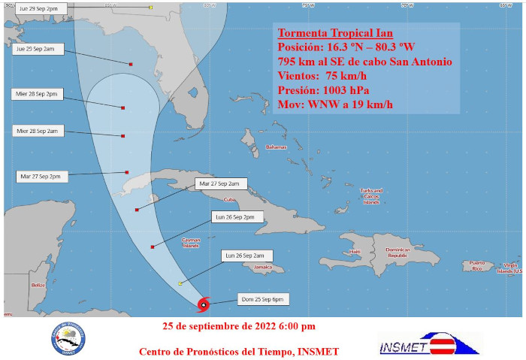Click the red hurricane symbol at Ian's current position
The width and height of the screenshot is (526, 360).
pyautogui.click(x=204, y=304)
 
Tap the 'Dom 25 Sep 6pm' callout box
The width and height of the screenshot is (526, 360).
pyautogui.click(x=262, y=299)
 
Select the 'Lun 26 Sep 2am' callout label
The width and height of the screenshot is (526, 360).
pyautogui.click(x=243, y=256)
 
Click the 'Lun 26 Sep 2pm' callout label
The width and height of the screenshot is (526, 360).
pyautogui.click(x=238, y=217)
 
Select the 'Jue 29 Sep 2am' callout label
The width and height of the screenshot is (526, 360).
pyautogui.click(x=39, y=49)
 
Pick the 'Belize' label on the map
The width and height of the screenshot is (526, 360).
pyautogui.click(x=39, y=286)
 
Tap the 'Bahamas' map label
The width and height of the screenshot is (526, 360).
pyautogui.click(x=276, y=147)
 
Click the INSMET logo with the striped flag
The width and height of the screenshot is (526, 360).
pyautogui.click(x=427, y=343)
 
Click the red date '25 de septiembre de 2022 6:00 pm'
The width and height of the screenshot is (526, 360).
pyautogui.click(x=239, y=326)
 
